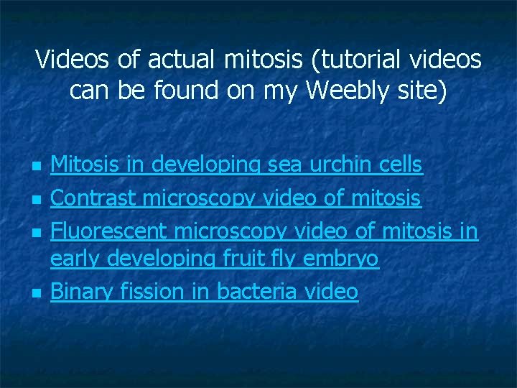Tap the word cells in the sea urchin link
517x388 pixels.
(x=400, y=165)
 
